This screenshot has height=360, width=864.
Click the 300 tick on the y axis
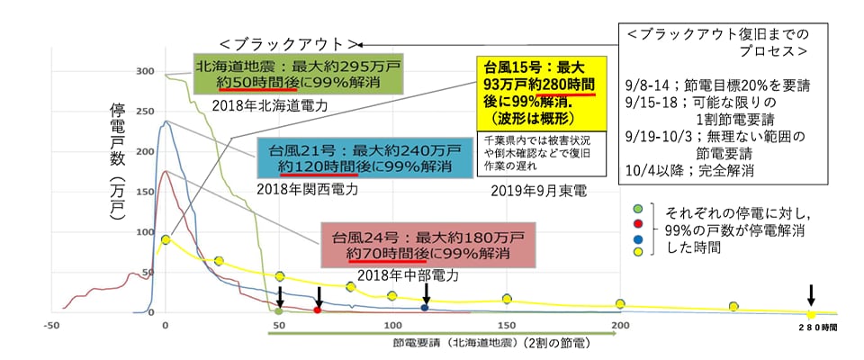point(144,71)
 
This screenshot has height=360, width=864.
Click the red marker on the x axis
point(318,310)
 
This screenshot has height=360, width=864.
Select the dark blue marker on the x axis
point(425,308)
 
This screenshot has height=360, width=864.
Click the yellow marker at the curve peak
point(166,239)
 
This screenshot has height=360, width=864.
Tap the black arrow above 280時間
point(811,294)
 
